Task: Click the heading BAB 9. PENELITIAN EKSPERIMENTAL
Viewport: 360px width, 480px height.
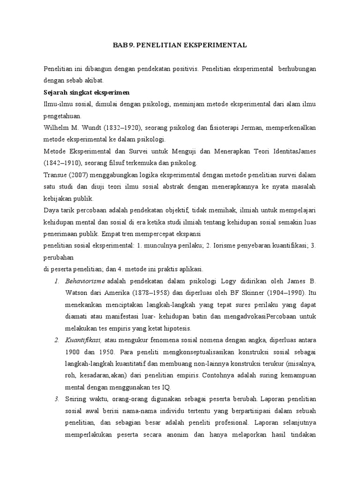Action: point(180,45)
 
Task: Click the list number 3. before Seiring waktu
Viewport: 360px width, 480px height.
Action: point(56,398)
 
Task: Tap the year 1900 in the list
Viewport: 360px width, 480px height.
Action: point(74,352)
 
